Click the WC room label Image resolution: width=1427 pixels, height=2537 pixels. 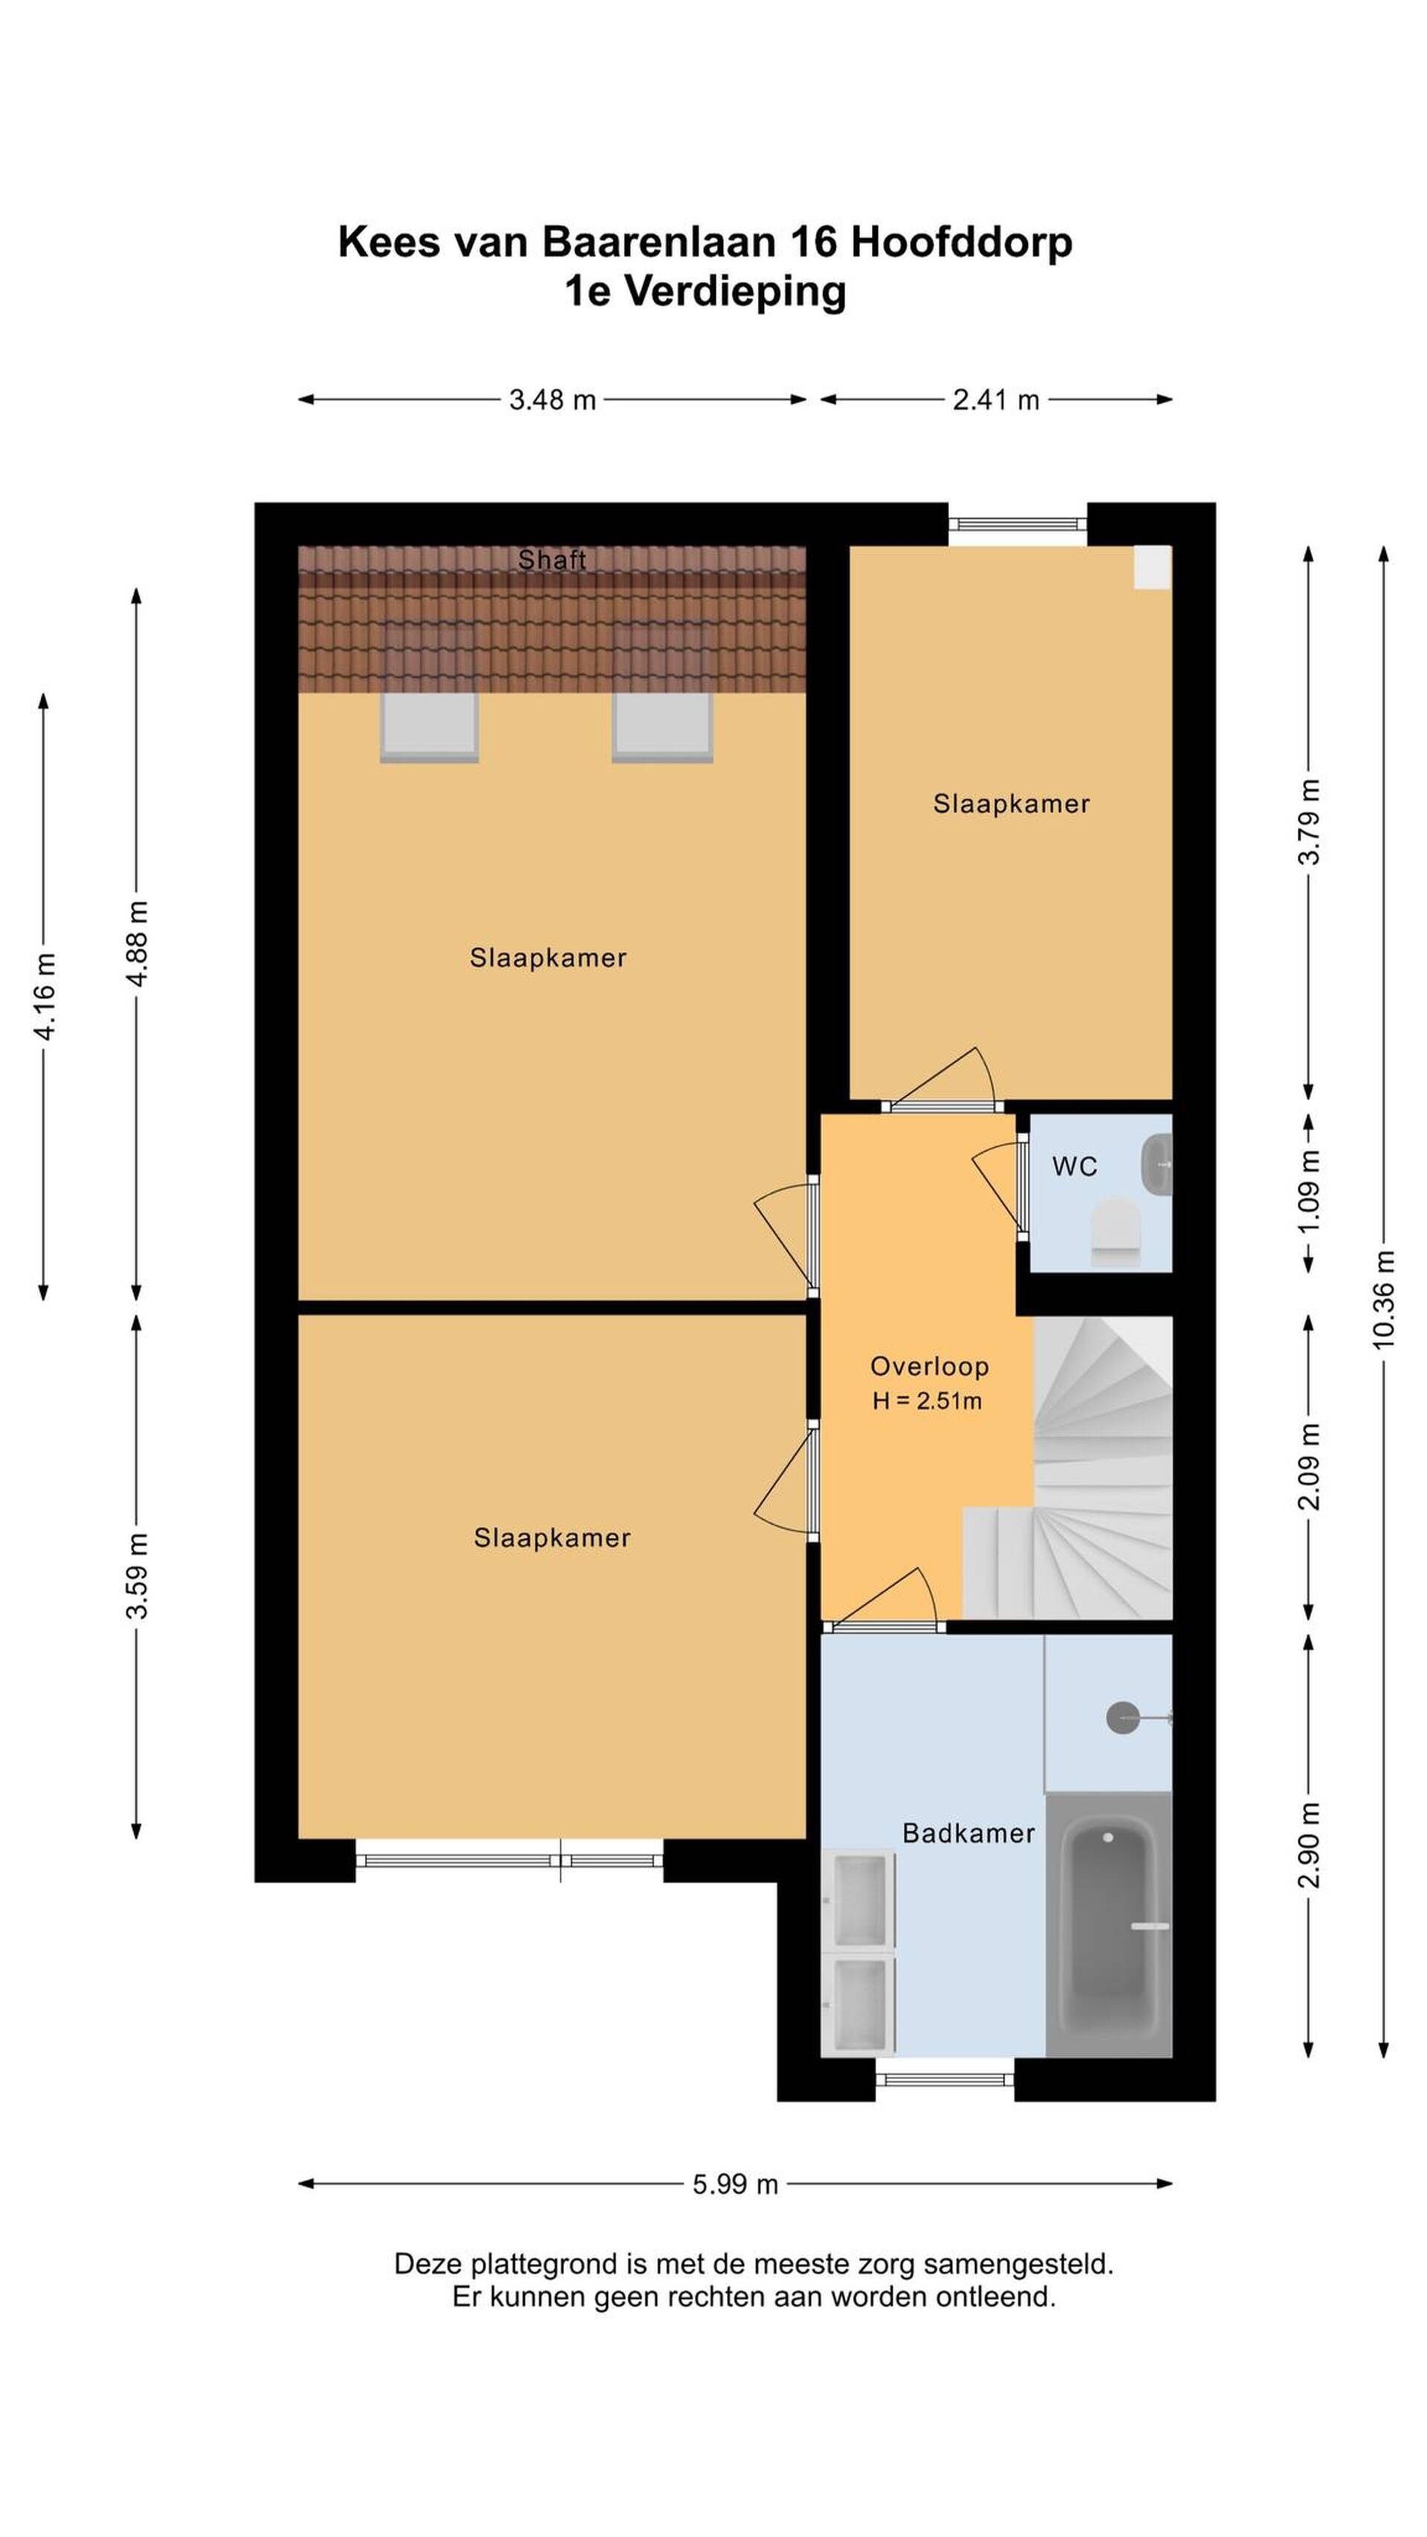(1073, 1166)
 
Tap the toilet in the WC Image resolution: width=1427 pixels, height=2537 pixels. (1116, 1230)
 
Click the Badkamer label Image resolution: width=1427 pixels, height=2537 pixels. (968, 1833)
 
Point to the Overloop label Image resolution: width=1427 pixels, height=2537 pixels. (929, 1366)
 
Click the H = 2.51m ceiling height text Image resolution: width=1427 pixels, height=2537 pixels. (927, 1400)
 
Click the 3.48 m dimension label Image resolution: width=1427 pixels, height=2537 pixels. (552, 400)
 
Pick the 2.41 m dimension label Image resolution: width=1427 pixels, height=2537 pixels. (996, 400)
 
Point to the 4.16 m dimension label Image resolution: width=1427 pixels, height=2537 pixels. (45, 995)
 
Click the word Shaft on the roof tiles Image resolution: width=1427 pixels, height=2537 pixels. (552, 560)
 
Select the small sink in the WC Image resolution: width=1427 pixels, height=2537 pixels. (1156, 1164)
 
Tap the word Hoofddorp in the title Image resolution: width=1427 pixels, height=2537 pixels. (961, 242)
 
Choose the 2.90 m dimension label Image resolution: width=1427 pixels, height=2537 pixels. (1308, 1843)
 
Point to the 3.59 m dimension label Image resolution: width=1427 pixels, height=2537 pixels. (137, 1575)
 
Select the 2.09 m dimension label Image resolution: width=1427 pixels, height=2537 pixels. (1308, 1465)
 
